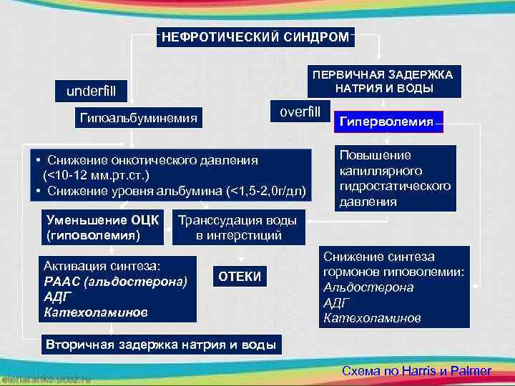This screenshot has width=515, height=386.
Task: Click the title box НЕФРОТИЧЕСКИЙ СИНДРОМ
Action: point(255,36)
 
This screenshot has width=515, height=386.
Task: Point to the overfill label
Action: point(300,112)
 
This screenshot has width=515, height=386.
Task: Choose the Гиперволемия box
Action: point(391,122)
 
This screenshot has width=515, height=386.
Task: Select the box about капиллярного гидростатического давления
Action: point(396,179)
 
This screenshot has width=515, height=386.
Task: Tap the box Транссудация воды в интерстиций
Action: point(240,227)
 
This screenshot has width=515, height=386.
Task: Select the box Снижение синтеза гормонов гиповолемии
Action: point(394,287)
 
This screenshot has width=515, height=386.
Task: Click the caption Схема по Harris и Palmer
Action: point(417,371)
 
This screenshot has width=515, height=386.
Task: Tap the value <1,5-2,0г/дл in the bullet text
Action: point(265,192)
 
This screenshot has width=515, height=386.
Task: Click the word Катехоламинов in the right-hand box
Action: point(372,317)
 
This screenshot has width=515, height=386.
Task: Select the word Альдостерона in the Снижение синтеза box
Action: point(368,287)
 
